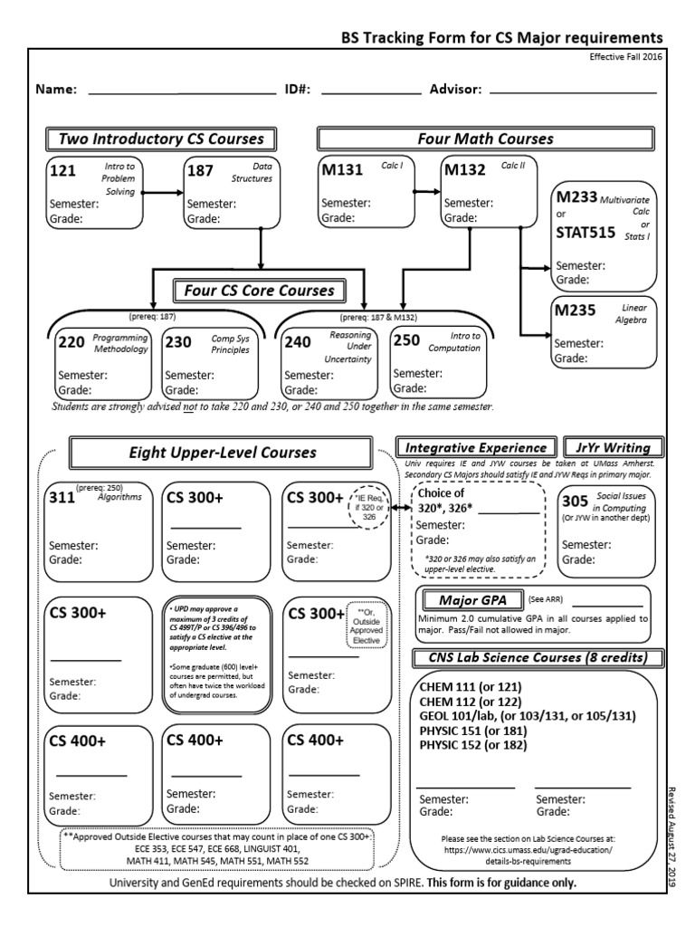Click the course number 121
tap(63, 170)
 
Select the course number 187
tap(200, 170)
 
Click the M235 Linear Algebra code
tap(577, 311)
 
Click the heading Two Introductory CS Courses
tap(161, 139)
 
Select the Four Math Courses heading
tap(485, 139)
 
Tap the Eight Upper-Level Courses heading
tap(222, 451)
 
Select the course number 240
tap(298, 342)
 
